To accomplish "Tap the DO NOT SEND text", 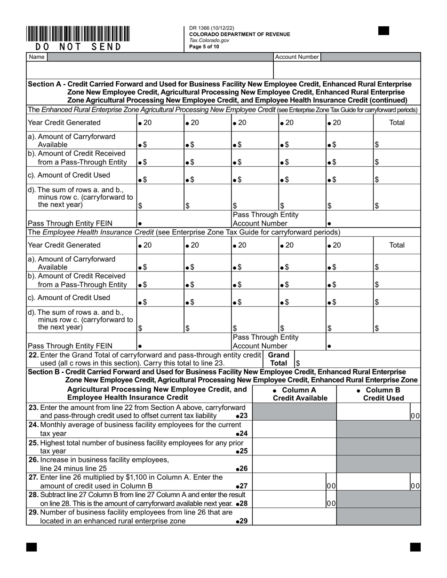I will pyautogui.click(x=79, y=47).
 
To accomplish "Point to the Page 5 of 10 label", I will pyautogui.click(x=204, y=47).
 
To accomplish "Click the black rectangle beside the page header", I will pyautogui.click(x=383, y=31).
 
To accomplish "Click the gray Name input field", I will pyautogui.click(x=160, y=57).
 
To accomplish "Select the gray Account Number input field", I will pyautogui.click(x=370, y=57).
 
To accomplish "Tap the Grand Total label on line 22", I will pyautogui.click(x=279, y=359).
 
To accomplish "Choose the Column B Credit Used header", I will pyautogui.click(x=379, y=394).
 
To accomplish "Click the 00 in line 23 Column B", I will pyautogui.click(x=415, y=416).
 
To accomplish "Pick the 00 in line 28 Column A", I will pyautogui.click(x=331, y=503).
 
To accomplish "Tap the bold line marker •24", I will pyautogui.click(x=241, y=433).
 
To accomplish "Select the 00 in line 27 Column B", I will pyautogui.click(x=415, y=486).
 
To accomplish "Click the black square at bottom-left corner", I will pyautogui.click(x=31, y=547).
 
